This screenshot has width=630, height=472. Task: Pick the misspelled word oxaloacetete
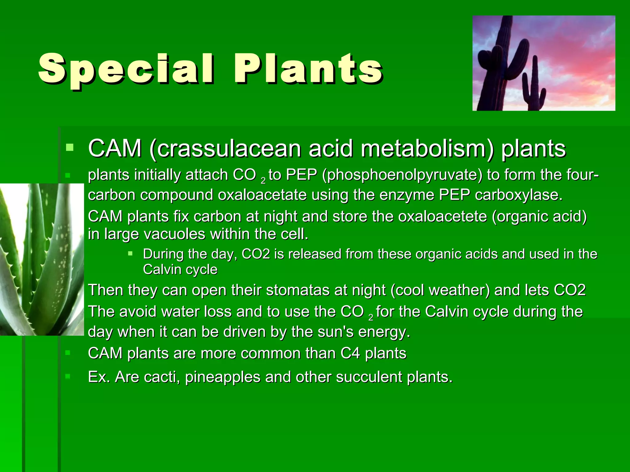coord(443,217)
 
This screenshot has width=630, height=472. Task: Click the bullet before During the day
coord(130,254)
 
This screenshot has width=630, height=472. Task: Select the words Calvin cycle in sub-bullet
coord(180,270)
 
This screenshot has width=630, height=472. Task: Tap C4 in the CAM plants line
coord(350,353)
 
